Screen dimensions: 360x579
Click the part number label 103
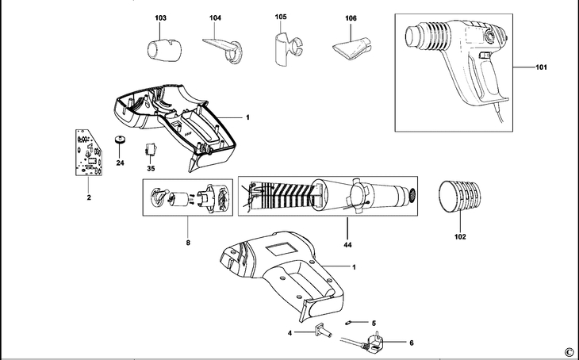161,17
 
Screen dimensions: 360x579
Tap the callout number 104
216,17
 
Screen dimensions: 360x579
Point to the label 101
541,67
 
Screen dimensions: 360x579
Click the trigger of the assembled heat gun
483,56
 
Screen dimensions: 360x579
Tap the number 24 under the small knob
121,163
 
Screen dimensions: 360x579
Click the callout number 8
187,243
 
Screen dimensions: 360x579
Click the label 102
460,236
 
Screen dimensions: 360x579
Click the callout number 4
290,333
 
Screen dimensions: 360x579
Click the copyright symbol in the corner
568,351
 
